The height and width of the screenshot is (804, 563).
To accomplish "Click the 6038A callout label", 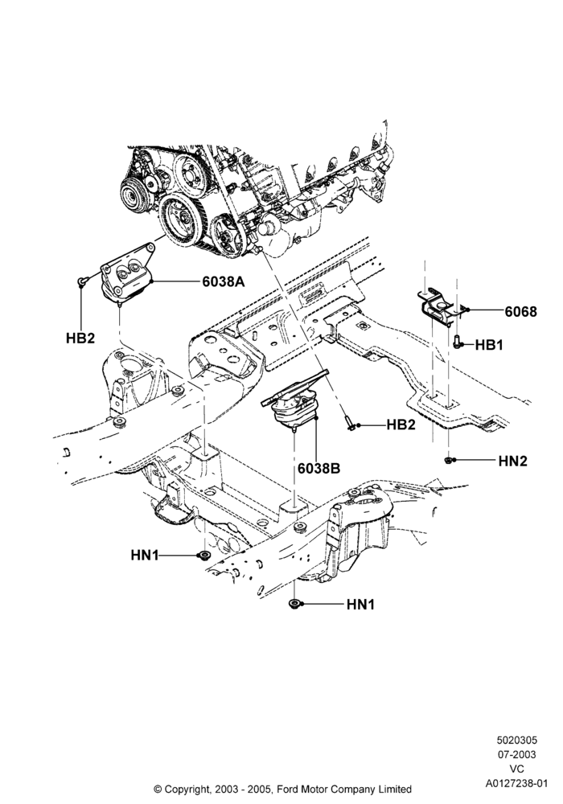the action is (223, 281).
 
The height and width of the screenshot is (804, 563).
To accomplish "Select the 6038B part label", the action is (318, 468).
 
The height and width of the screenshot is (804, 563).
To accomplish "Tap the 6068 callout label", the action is (521, 311).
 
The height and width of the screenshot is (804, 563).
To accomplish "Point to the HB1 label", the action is (489, 345).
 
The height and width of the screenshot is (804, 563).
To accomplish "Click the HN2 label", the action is (513, 461).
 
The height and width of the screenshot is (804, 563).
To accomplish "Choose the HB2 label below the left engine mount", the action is (80, 338).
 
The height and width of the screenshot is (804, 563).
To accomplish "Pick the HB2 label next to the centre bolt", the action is (401, 425).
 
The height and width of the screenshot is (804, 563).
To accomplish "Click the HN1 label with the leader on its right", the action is (145, 555).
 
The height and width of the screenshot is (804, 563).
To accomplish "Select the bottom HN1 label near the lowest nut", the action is (360, 605).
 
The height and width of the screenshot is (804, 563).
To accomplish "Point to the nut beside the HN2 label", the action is (448, 460).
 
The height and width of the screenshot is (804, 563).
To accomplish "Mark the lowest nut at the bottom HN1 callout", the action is (294, 604).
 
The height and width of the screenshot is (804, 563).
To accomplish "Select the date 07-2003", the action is (517, 754).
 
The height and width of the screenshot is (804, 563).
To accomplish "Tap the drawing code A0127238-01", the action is (517, 783).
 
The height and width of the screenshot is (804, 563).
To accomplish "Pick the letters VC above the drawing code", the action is (517, 769).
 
